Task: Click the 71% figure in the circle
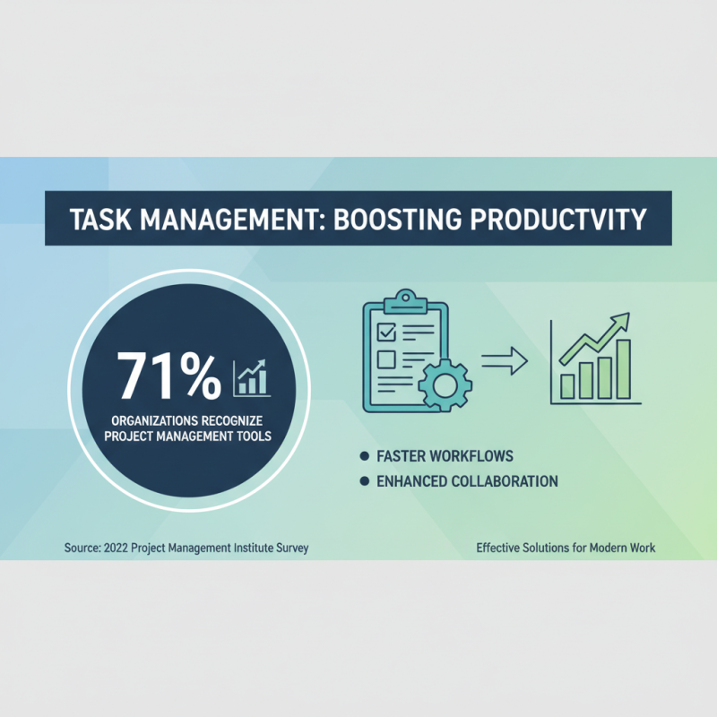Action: (168, 375)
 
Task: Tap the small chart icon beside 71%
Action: (252, 377)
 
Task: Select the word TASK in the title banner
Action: (98, 218)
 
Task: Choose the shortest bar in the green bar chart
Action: (567, 386)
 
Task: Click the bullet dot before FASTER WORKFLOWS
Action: (363, 455)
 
